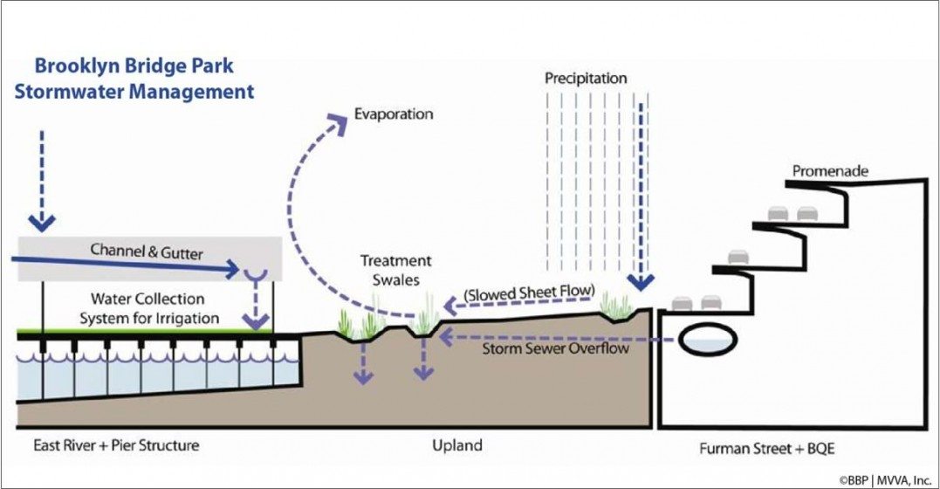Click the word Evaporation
(393, 114)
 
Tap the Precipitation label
(586, 79)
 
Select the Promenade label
(830, 171)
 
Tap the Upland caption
(457, 446)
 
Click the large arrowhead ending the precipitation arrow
(642, 281)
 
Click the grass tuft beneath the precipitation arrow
(620, 307)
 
